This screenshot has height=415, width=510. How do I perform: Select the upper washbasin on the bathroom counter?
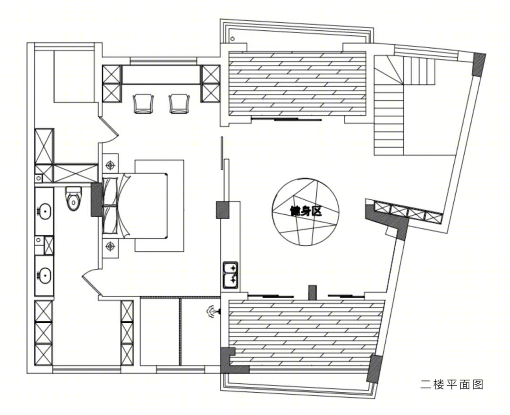(44, 211)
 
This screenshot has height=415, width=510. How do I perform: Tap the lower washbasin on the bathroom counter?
(44, 275)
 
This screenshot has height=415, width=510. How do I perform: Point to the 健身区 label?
(306, 211)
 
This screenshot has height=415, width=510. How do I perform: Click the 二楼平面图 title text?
(452, 385)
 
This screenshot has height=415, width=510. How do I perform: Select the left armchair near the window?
(143, 103)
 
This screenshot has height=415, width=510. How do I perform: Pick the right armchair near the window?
(179, 103)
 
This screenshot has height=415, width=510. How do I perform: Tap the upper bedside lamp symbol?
(110, 165)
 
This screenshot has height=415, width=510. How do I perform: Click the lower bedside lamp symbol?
(110, 246)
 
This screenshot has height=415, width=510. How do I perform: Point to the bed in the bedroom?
(136, 206)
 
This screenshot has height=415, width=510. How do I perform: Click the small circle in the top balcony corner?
(232, 39)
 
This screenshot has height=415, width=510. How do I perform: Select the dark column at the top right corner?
(479, 64)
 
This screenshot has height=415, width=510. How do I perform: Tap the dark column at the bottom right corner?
(374, 369)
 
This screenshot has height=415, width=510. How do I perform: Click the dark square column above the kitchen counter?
(223, 210)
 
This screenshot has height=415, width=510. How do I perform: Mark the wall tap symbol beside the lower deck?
(212, 311)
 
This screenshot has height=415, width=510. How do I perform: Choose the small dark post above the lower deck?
(312, 292)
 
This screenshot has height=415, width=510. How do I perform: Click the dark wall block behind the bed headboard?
(96, 199)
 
